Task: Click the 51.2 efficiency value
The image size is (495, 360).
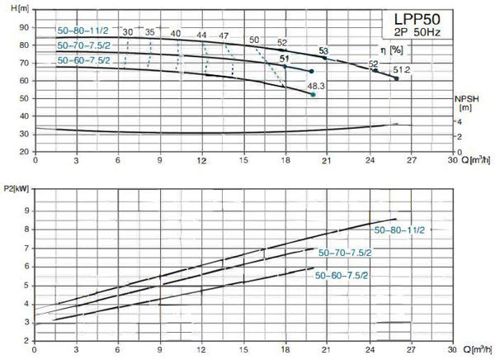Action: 401,70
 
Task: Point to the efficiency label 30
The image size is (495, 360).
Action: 128,32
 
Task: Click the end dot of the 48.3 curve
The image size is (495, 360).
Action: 313,95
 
